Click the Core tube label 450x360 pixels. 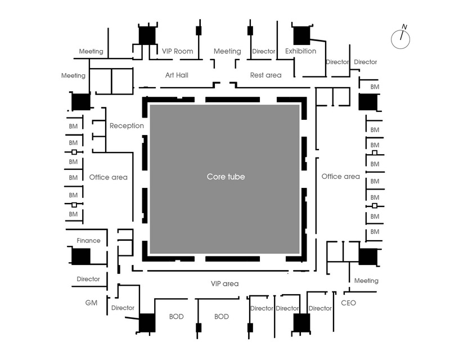pos(226,177)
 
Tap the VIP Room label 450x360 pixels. pos(177,51)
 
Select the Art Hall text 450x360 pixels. pos(177,75)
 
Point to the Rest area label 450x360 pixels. pos(265,75)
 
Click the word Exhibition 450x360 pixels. pos(300,51)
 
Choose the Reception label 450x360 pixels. pos(127,126)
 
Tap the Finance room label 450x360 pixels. pos(88,241)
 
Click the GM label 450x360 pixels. pos(91,303)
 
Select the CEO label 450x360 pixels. pos(348,303)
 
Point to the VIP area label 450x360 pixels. pos(224,283)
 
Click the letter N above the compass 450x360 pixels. pos(404,27)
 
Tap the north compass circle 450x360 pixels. pos(400,39)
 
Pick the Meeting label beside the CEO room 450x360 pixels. pos(366,281)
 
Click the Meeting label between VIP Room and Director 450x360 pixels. pos(227,51)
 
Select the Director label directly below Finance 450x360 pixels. pos(88,279)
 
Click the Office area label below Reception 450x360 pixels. pos(108,177)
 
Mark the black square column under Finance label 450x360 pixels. pos(80,256)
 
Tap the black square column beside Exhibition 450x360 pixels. pos(301,35)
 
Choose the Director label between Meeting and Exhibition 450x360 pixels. pos(263,51)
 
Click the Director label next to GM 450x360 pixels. pos(123,308)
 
